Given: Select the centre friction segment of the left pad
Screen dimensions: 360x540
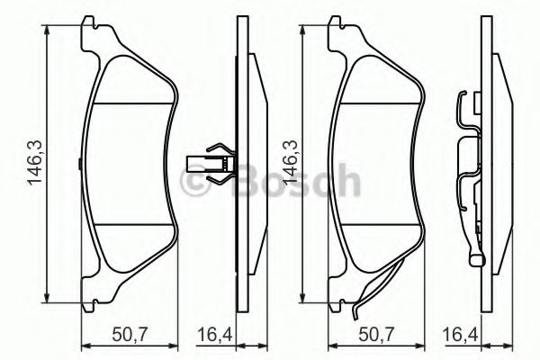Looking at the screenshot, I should tap(130, 162).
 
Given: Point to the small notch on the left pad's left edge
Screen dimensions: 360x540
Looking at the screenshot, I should tap(79, 163).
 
